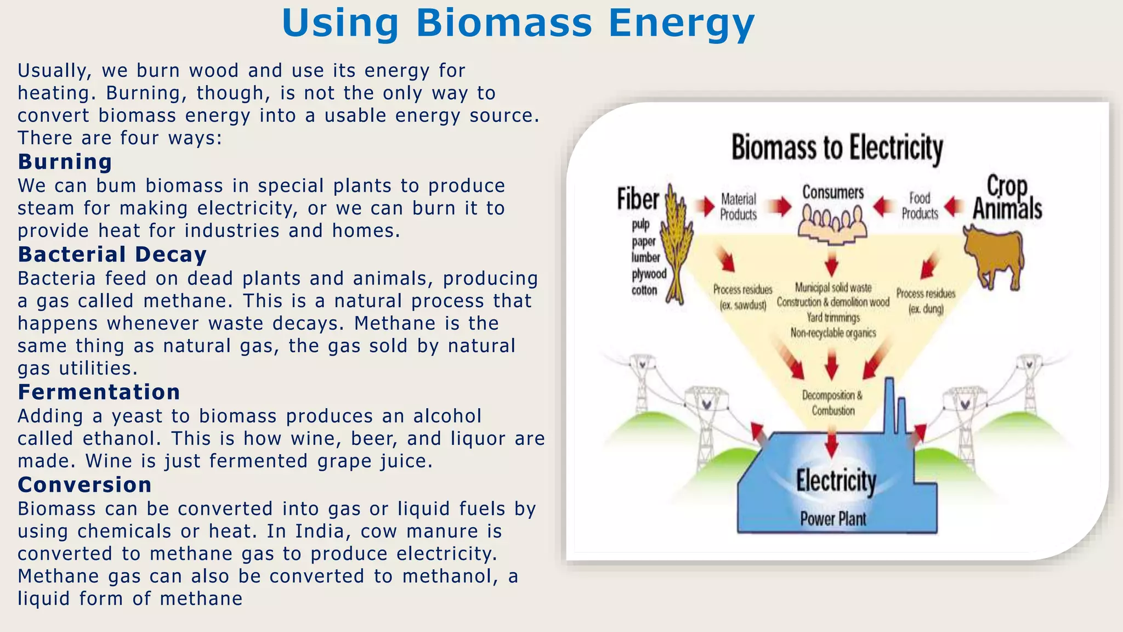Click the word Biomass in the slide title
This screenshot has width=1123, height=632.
point(504,24)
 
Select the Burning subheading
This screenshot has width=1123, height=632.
point(65,162)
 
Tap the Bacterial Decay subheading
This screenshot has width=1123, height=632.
point(112,255)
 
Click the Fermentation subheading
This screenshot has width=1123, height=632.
point(99,392)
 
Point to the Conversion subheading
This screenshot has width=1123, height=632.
point(84,485)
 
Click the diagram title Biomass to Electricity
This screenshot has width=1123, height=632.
point(837,148)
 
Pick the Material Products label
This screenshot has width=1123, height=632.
point(738,207)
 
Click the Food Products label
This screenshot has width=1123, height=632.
point(920,206)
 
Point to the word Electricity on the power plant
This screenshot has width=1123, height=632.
point(836,481)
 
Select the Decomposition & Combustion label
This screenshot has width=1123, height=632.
point(832,403)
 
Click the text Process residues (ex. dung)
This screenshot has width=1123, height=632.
point(926,301)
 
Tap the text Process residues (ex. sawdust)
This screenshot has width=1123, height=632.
point(742,297)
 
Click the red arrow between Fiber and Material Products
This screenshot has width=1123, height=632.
point(705,206)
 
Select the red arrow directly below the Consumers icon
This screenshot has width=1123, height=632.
point(831,264)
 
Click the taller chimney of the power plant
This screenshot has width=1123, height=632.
point(889,406)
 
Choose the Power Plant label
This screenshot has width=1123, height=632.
point(833,518)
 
